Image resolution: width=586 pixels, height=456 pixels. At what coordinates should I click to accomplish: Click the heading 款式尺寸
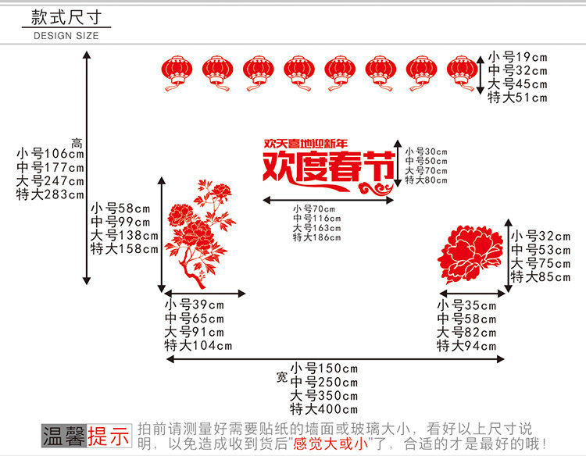pyautogui.click(x=66, y=16)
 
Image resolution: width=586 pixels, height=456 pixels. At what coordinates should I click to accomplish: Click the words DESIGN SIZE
pyautogui.click(x=66, y=35)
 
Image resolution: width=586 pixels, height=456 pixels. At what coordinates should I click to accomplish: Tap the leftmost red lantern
pyautogui.click(x=176, y=73)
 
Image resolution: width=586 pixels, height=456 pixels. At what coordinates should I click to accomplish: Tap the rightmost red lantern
pyautogui.click(x=461, y=73)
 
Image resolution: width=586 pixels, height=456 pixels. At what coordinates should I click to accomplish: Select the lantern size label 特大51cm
pyautogui.click(x=518, y=98)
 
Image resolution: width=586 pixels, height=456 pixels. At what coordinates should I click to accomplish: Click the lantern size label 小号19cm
pyautogui.click(x=518, y=56)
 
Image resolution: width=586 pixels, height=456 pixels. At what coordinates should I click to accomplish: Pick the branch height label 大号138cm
pyautogui.click(x=123, y=236)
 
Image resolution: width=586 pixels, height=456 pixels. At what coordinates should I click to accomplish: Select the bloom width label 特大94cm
pyautogui.click(x=466, y=346)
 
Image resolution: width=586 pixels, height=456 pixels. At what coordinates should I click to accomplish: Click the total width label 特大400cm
pyautogui.click(x=323, y=409)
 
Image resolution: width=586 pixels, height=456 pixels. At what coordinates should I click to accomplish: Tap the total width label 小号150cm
pyautogui.click(x=323, y=368)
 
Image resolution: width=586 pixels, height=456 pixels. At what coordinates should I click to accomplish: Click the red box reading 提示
pyautogui.click(x=109, y=436)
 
